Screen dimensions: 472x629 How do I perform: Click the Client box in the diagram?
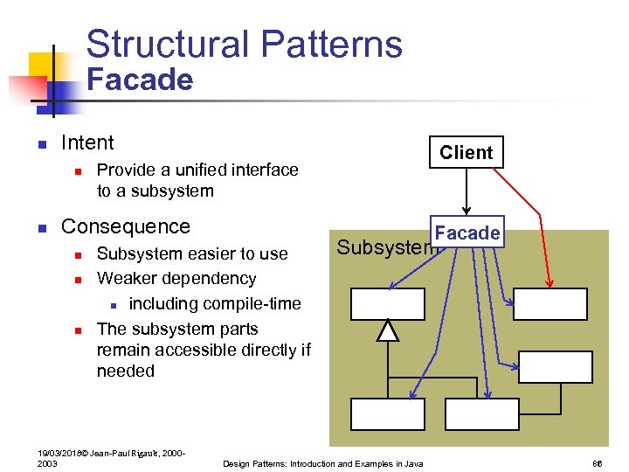467,152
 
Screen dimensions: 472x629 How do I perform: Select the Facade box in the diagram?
467,233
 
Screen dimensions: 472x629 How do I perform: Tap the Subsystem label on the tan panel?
384,247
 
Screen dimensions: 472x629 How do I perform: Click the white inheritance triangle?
388,330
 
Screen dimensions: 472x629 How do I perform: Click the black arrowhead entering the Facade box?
467,211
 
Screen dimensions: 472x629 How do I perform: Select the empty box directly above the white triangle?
388,303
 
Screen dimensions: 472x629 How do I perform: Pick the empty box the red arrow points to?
550,303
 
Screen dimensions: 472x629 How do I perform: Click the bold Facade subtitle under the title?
140,80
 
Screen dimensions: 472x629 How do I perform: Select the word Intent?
87,142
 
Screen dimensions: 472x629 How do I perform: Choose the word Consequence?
125,226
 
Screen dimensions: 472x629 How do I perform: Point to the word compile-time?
252,303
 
